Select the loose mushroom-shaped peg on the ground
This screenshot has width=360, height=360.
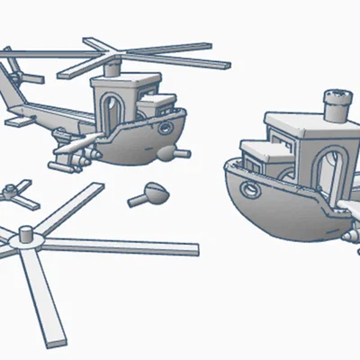[x=148, y=193]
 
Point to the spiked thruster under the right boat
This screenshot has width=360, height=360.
[x=351, y=235]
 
